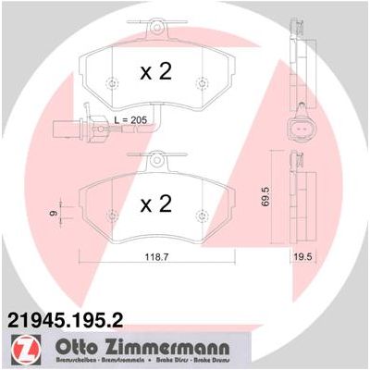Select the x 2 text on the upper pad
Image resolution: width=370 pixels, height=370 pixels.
click(155, 73)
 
